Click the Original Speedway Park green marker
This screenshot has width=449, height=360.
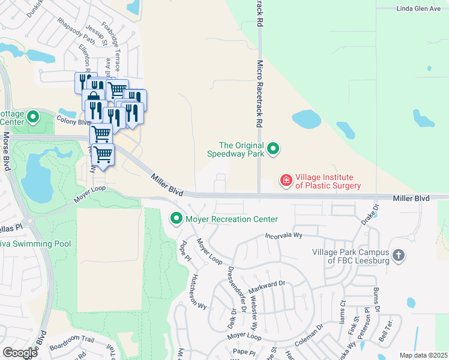pyautogui.click(x=273, y=148)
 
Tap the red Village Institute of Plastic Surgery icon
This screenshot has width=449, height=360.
pyautogui.click(x=287, y=180)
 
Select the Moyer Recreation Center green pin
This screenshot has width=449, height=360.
pyautogui.click(x=176, y=219)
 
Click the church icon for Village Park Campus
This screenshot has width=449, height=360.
pyautogui.click(x=398, y=256)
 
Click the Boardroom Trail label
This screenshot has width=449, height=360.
pyautogui.click(x=72, y=340)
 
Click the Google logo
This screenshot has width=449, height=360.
pyautogui.click(x=20, y=353)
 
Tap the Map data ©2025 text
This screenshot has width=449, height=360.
pyautogui.click(x=423, y=355)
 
